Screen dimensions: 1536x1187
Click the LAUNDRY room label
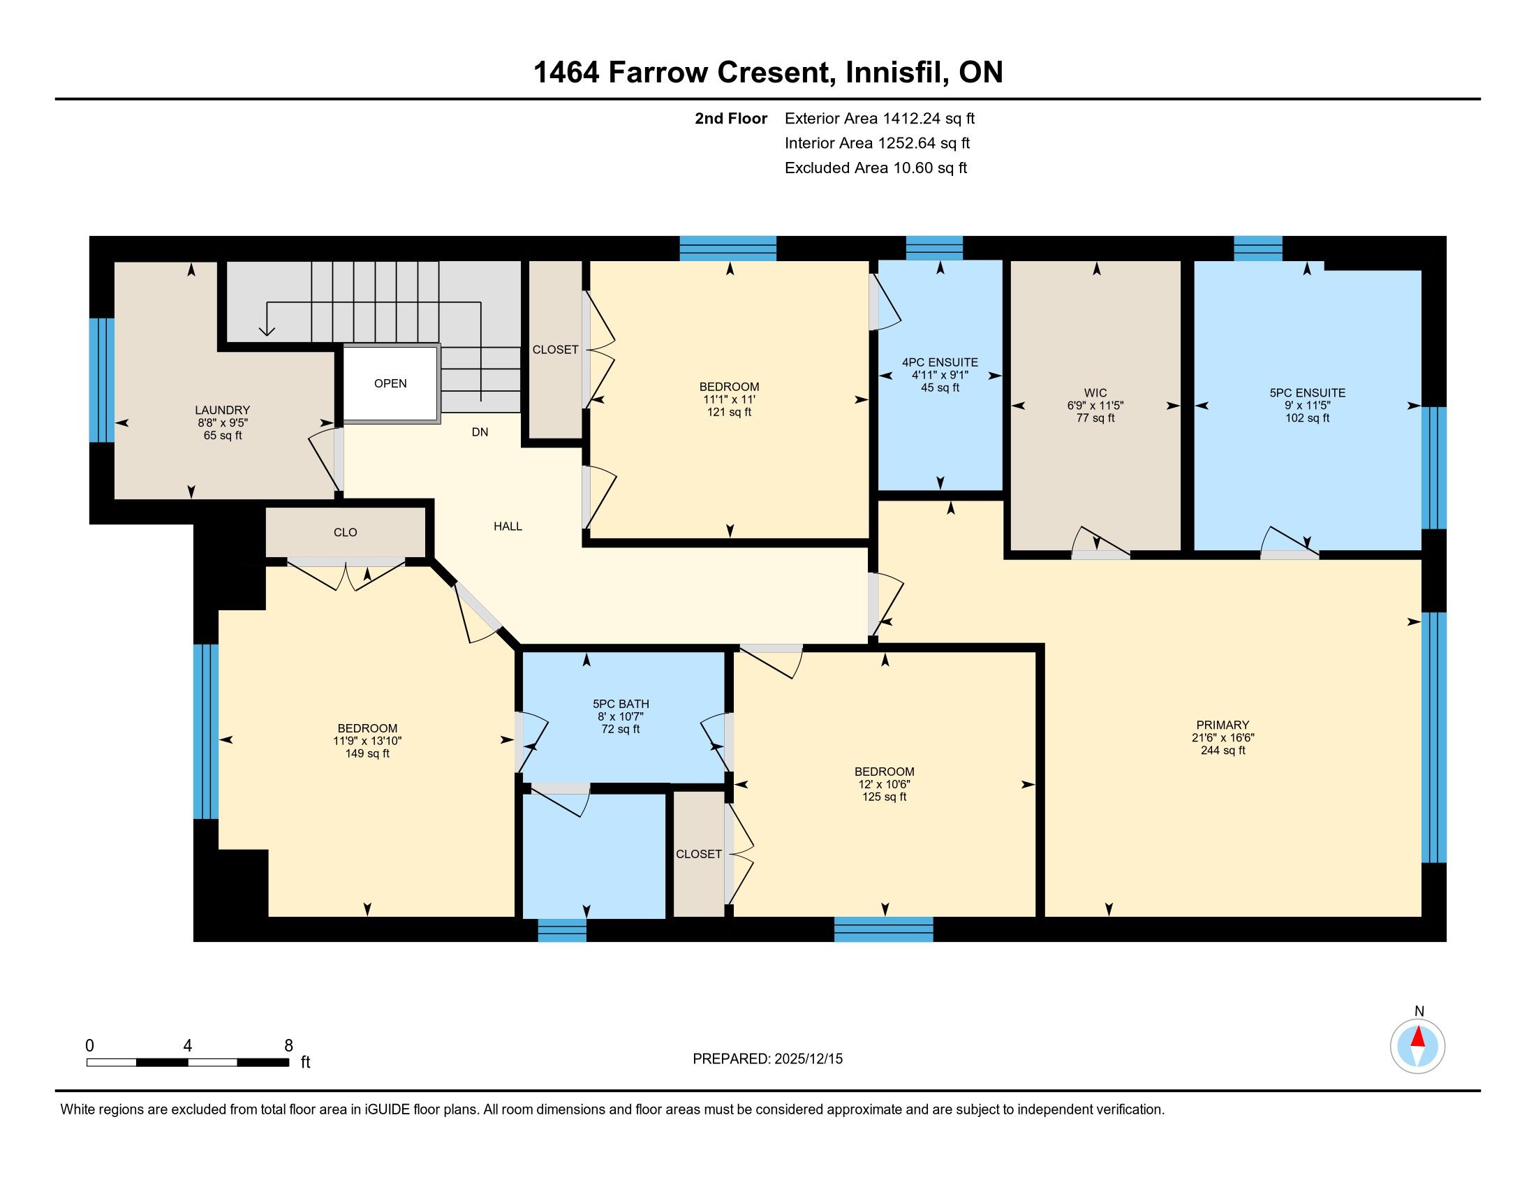point(222,410)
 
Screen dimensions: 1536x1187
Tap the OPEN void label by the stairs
point(390,383)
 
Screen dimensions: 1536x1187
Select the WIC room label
point(1095,393)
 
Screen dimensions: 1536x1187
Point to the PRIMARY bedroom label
point(1223,725)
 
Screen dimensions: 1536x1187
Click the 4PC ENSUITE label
point(940,363)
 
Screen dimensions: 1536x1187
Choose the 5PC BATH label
point(620,704)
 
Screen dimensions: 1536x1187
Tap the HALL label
point(508,526)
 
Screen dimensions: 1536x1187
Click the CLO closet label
point(346,532)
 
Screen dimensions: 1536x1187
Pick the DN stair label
point(480,432)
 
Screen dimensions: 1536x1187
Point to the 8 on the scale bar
point(288,1046)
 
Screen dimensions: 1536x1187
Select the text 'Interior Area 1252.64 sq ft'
point(877,143)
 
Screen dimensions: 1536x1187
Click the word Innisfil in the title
point(894,73)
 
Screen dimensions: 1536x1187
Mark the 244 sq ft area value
point(1223,751)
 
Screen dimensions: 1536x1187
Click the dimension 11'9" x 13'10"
point(367,741)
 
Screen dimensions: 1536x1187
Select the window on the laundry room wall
point(101,381)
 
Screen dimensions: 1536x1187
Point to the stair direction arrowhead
point(267,330)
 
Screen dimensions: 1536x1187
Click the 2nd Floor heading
point(731,119)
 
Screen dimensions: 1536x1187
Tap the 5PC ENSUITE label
point(1308,393)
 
